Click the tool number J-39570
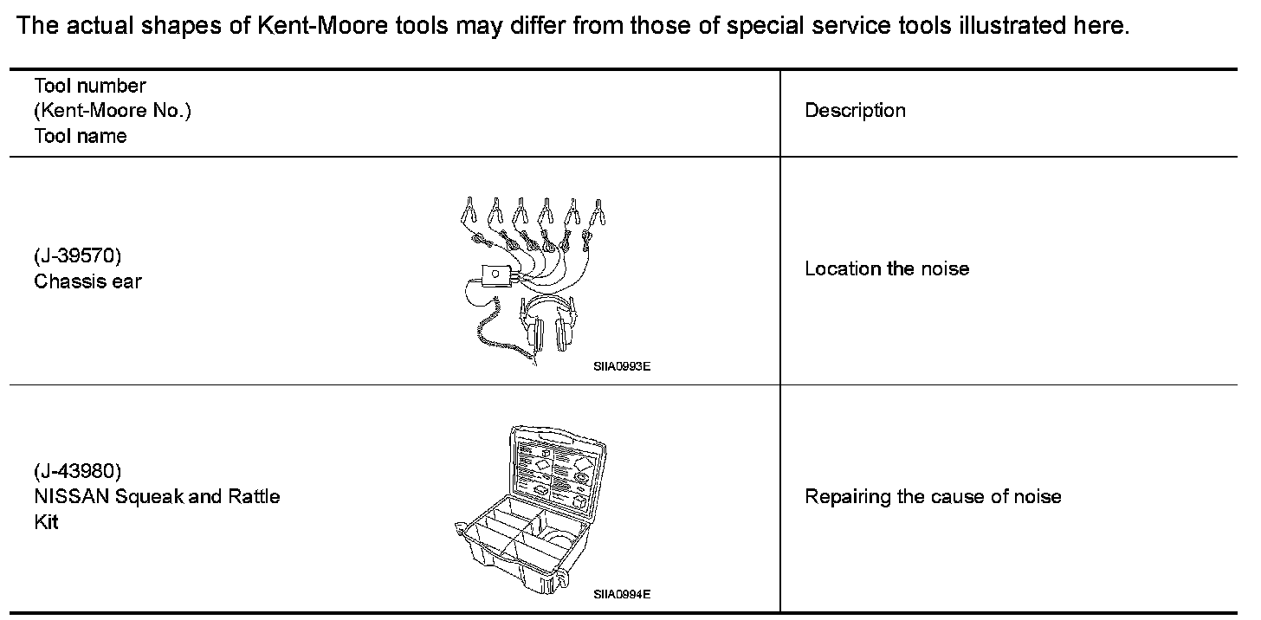coord(77,257)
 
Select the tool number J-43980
coord(77,472)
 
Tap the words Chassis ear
coord(87,281)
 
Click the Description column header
coord(855,111)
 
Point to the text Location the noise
coord(887,268)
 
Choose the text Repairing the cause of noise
coord(933,497)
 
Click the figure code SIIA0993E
coord(621,366)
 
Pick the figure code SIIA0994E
coord(621,594)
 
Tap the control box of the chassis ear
coord(494,275)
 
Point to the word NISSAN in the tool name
coord(72,497)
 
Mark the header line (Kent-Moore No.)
coord(113,111)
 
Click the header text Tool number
coord(90,86)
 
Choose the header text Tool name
coord(81,136)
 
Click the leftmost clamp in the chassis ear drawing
coord(468,210)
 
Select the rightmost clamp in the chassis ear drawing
coord(597,211)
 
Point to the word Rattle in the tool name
coord(254,497)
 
